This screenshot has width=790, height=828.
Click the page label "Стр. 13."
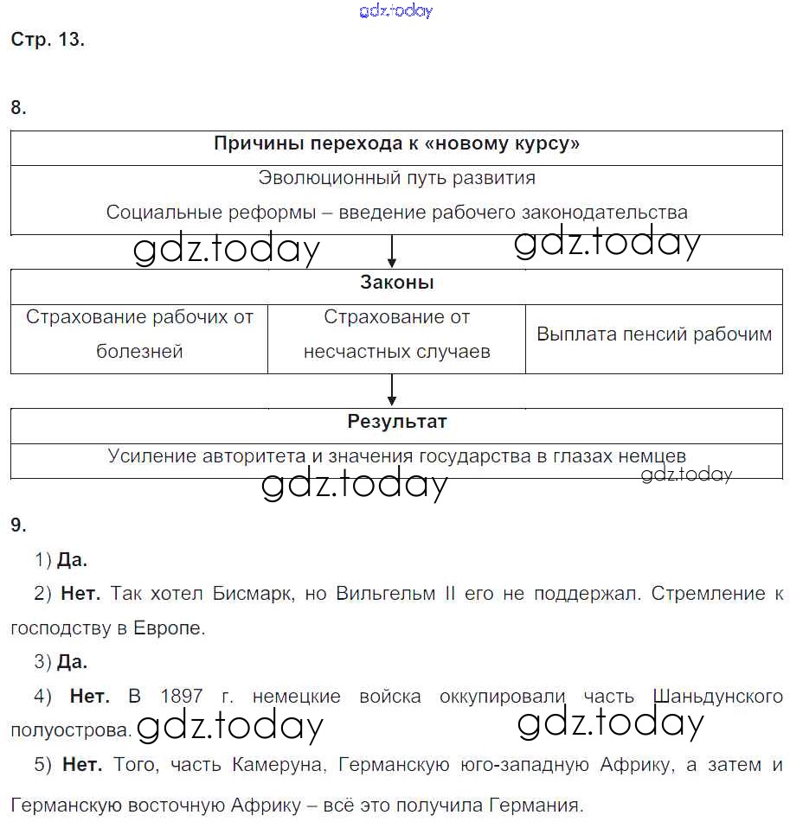[x=48, y=40]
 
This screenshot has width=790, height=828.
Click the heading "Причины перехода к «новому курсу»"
[x=396, y=143]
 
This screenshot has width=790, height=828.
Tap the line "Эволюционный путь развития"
[x=396, y=178]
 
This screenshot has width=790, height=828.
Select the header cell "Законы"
[x=396, y=283]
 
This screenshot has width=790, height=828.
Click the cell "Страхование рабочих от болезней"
[x=139, y=334]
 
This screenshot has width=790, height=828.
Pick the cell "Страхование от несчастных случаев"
[x=396, y=334]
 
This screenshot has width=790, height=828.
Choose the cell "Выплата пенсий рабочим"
[x=654, y=334]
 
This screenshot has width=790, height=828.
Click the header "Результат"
[x=396, y=422]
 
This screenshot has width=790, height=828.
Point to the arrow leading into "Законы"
[x=392, y=252]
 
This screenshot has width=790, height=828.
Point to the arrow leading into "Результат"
[x=392, y=391]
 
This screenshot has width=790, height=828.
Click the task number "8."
[x=19, y=108]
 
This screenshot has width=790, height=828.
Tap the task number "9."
[x=19, y=525]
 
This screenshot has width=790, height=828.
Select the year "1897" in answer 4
[x=182, y=697]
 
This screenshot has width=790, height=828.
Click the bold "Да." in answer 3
[x=73, y=662]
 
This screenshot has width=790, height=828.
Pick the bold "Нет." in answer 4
[x=89, y=697]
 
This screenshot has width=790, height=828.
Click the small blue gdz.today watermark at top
[x=395, y=10]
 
